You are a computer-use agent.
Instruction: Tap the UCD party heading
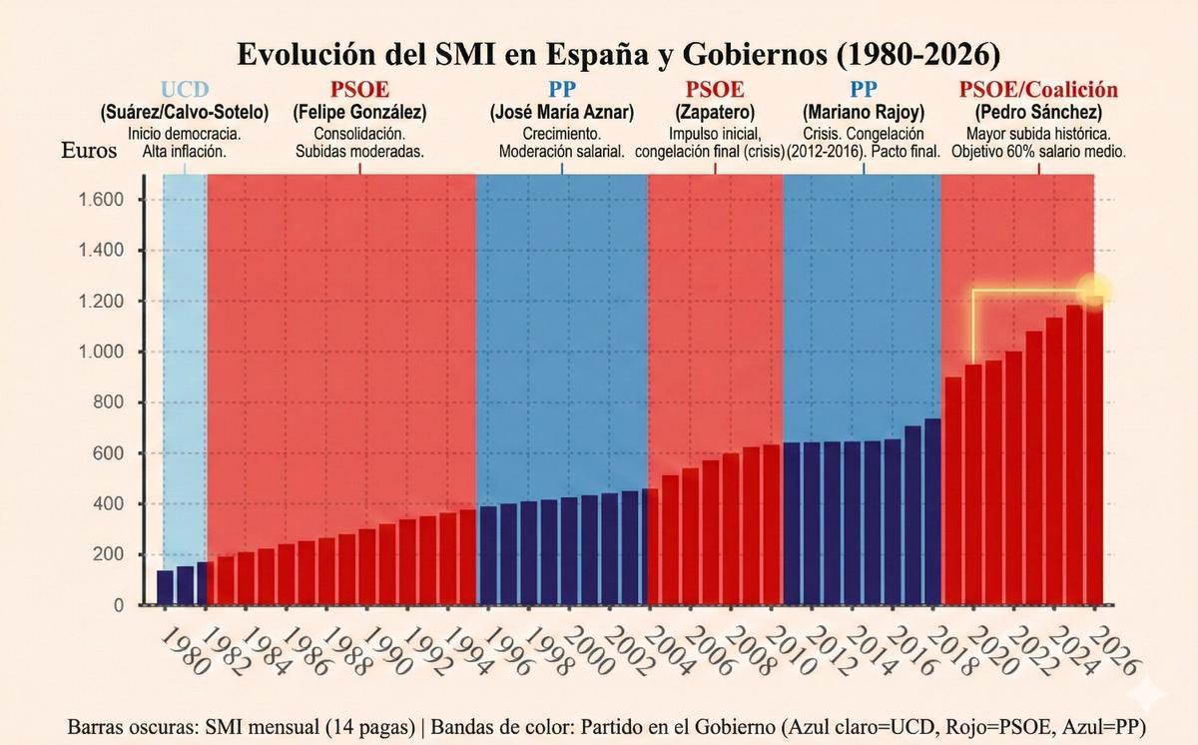(x=184, y=90)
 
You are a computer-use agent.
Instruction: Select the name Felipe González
(x=359, y=112)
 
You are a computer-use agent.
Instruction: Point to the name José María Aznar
(x=561, y=112)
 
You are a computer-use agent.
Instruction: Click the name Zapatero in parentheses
(x=715, y=112)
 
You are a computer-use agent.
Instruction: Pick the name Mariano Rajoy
(x=865, y=112)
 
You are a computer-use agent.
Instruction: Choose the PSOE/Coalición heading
(x=1038, y=90)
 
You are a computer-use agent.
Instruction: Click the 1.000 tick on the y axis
(x=101, y=353)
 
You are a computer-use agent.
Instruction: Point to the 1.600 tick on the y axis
(x=101, y=200)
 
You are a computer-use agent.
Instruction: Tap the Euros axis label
(x=90, y=152)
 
